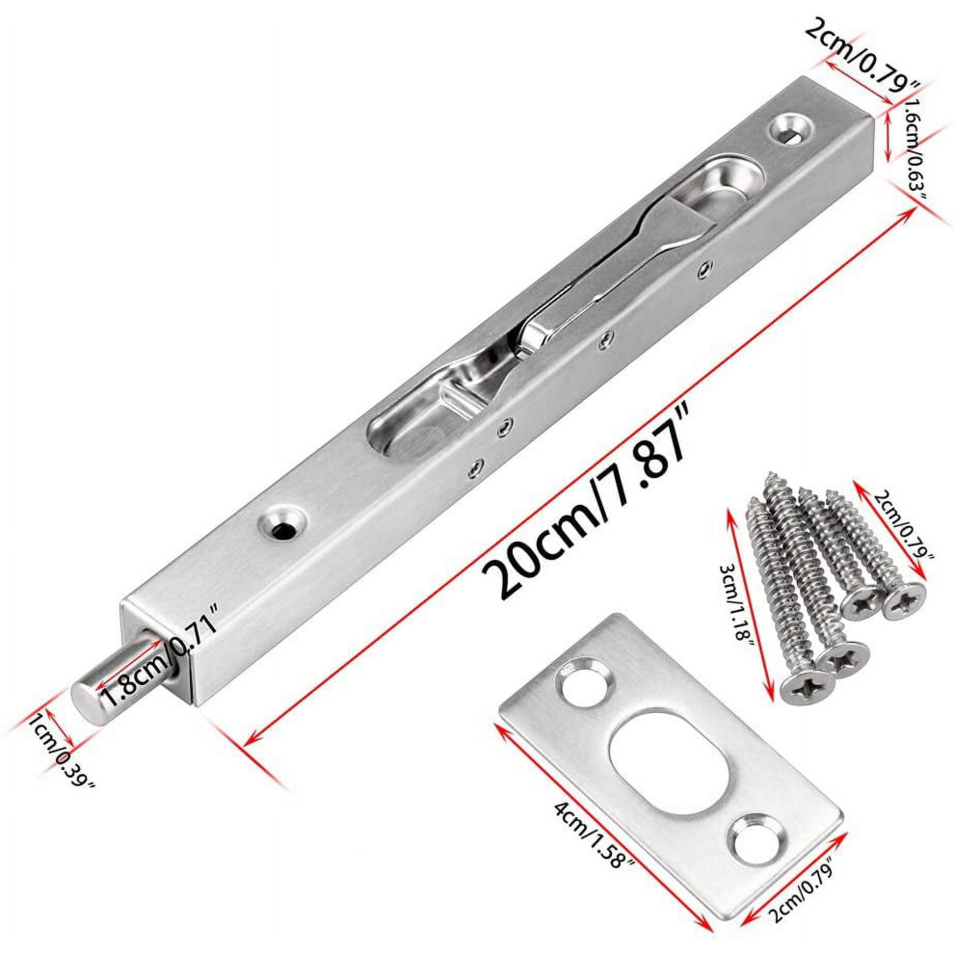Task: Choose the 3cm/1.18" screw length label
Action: (736, 600)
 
